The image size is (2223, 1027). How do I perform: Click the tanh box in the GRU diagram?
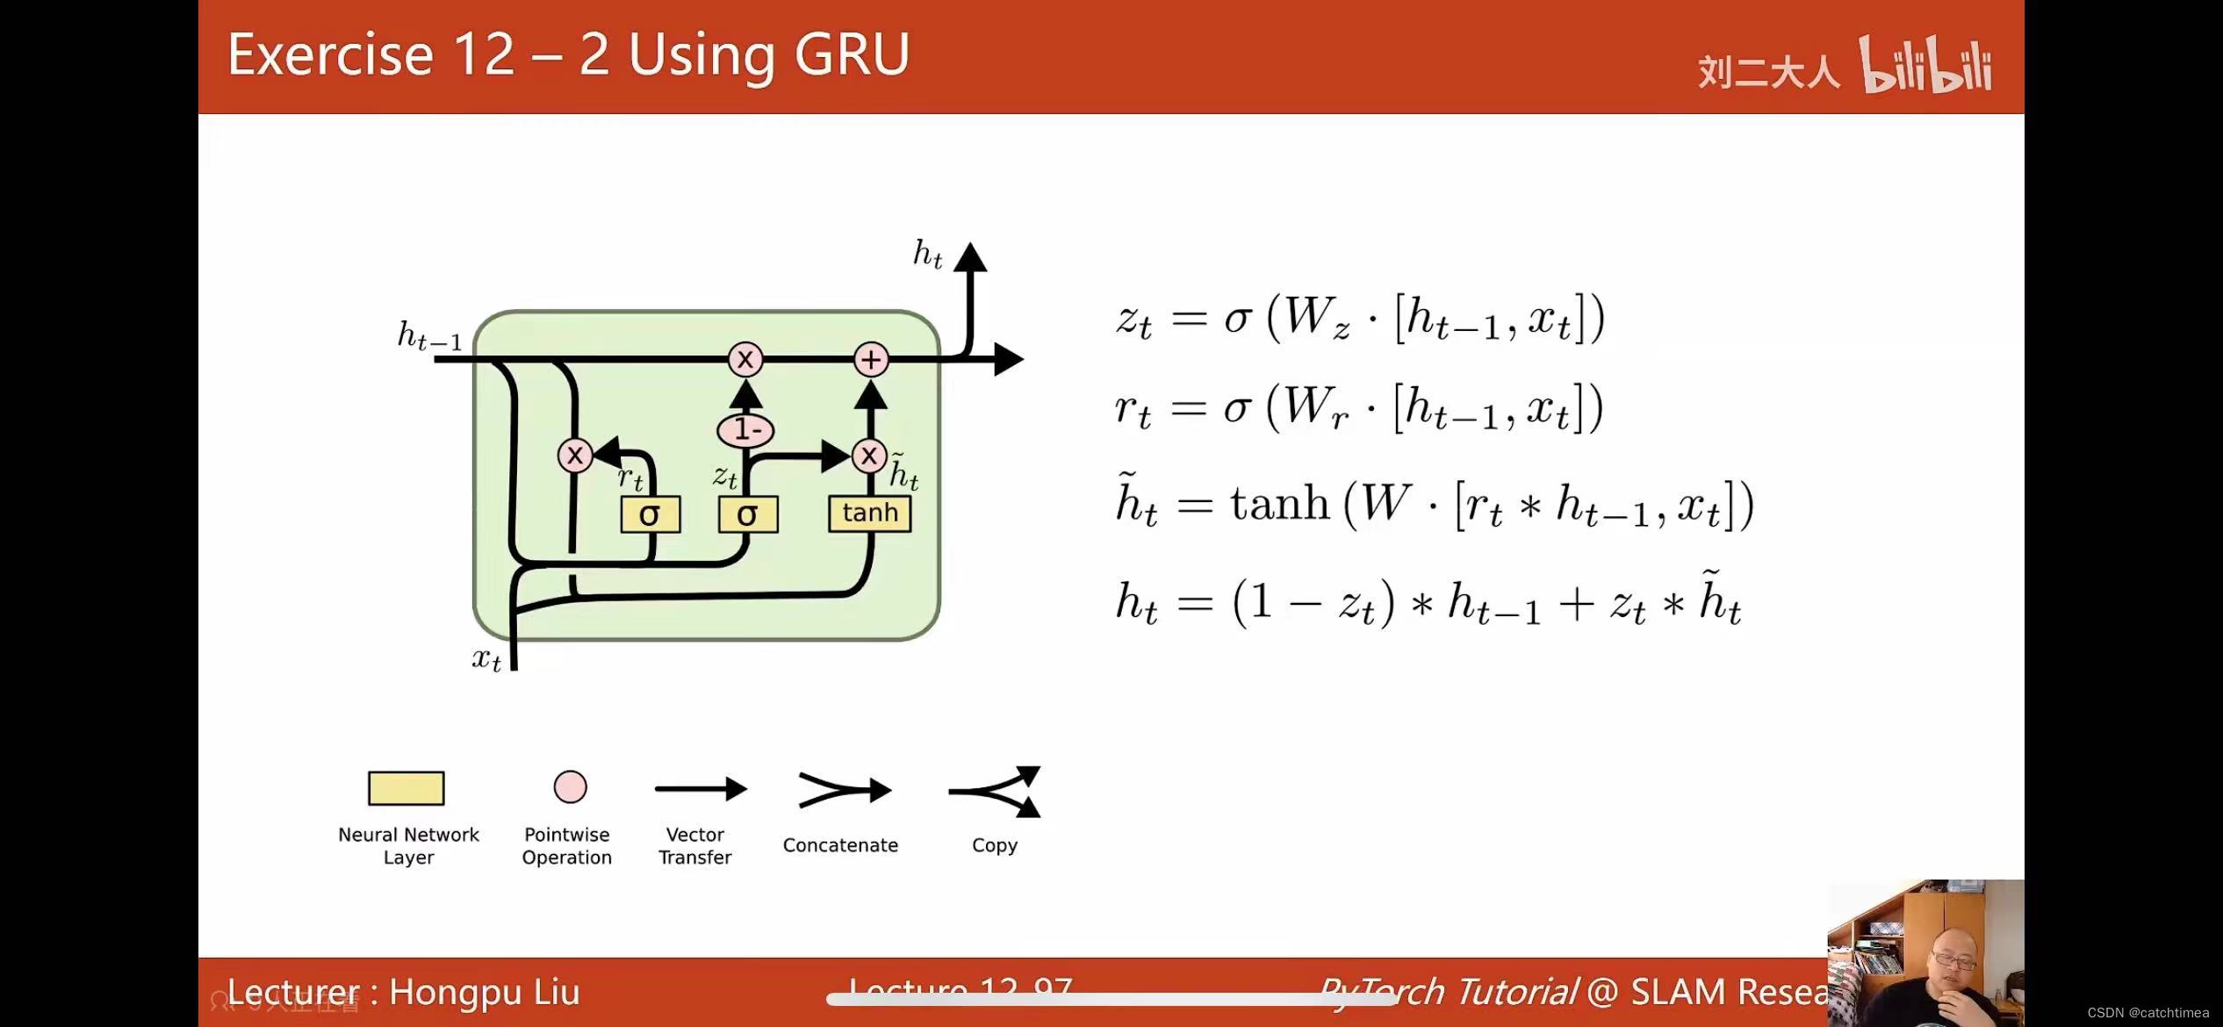869,513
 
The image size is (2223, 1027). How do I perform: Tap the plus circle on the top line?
871,359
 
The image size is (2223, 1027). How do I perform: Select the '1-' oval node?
745,430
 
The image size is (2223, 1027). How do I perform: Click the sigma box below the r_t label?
650,514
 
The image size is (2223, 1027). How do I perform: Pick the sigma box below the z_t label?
747,514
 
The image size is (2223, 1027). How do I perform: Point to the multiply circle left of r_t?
575,456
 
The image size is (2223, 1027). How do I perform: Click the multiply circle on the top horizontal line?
745,359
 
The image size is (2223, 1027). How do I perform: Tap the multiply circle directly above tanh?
868,456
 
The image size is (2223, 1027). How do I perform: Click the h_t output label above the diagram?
927,255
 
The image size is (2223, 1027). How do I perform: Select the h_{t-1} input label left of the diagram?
429,336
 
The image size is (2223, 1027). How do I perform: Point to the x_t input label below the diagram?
486,658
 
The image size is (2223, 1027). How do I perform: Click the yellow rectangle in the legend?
406,788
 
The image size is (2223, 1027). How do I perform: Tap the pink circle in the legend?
570,787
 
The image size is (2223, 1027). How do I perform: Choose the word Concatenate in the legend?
840,845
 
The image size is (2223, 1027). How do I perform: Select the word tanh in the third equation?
1279,505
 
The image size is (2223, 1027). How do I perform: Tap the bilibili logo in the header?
1925,66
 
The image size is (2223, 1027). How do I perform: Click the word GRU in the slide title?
852,54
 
